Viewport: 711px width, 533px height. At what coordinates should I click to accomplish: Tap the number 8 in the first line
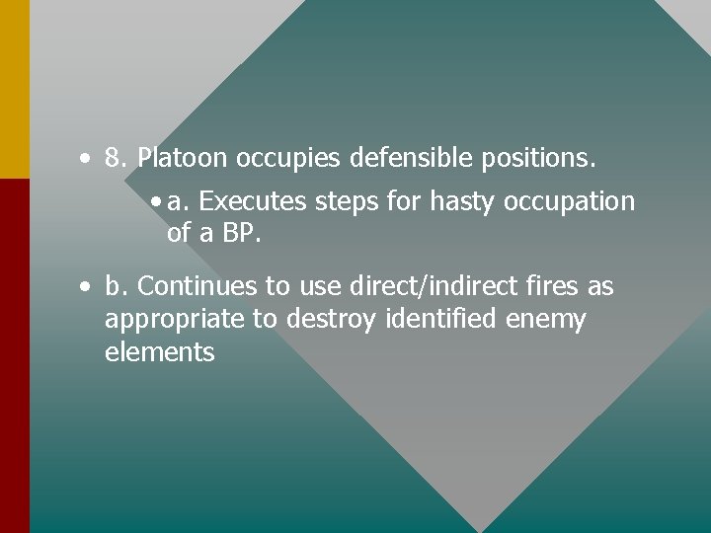pyautogui.click(x=115, y=157)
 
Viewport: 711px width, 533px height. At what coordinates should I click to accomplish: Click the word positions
pyautogui.click(x=539, y=158)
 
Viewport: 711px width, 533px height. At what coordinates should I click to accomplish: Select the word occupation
pyautogui.click(x=570, y=202)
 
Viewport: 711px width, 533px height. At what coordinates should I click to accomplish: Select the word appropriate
pyautogui.click(x=166, y=321)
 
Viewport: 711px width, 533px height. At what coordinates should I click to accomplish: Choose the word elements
pyautogui.click(x=159, y=352)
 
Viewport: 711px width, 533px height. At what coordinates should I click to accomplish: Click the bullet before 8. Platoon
pyautogui.click(x=88, y=158)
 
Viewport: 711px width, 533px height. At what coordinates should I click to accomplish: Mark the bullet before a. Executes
pyautogui.click(x=158, y=202)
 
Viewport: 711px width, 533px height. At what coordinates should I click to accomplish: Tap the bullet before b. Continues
pyautogui.click(x=88, y=287)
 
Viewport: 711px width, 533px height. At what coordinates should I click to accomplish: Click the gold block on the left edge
pyautogui.click(x=15, y=89)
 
